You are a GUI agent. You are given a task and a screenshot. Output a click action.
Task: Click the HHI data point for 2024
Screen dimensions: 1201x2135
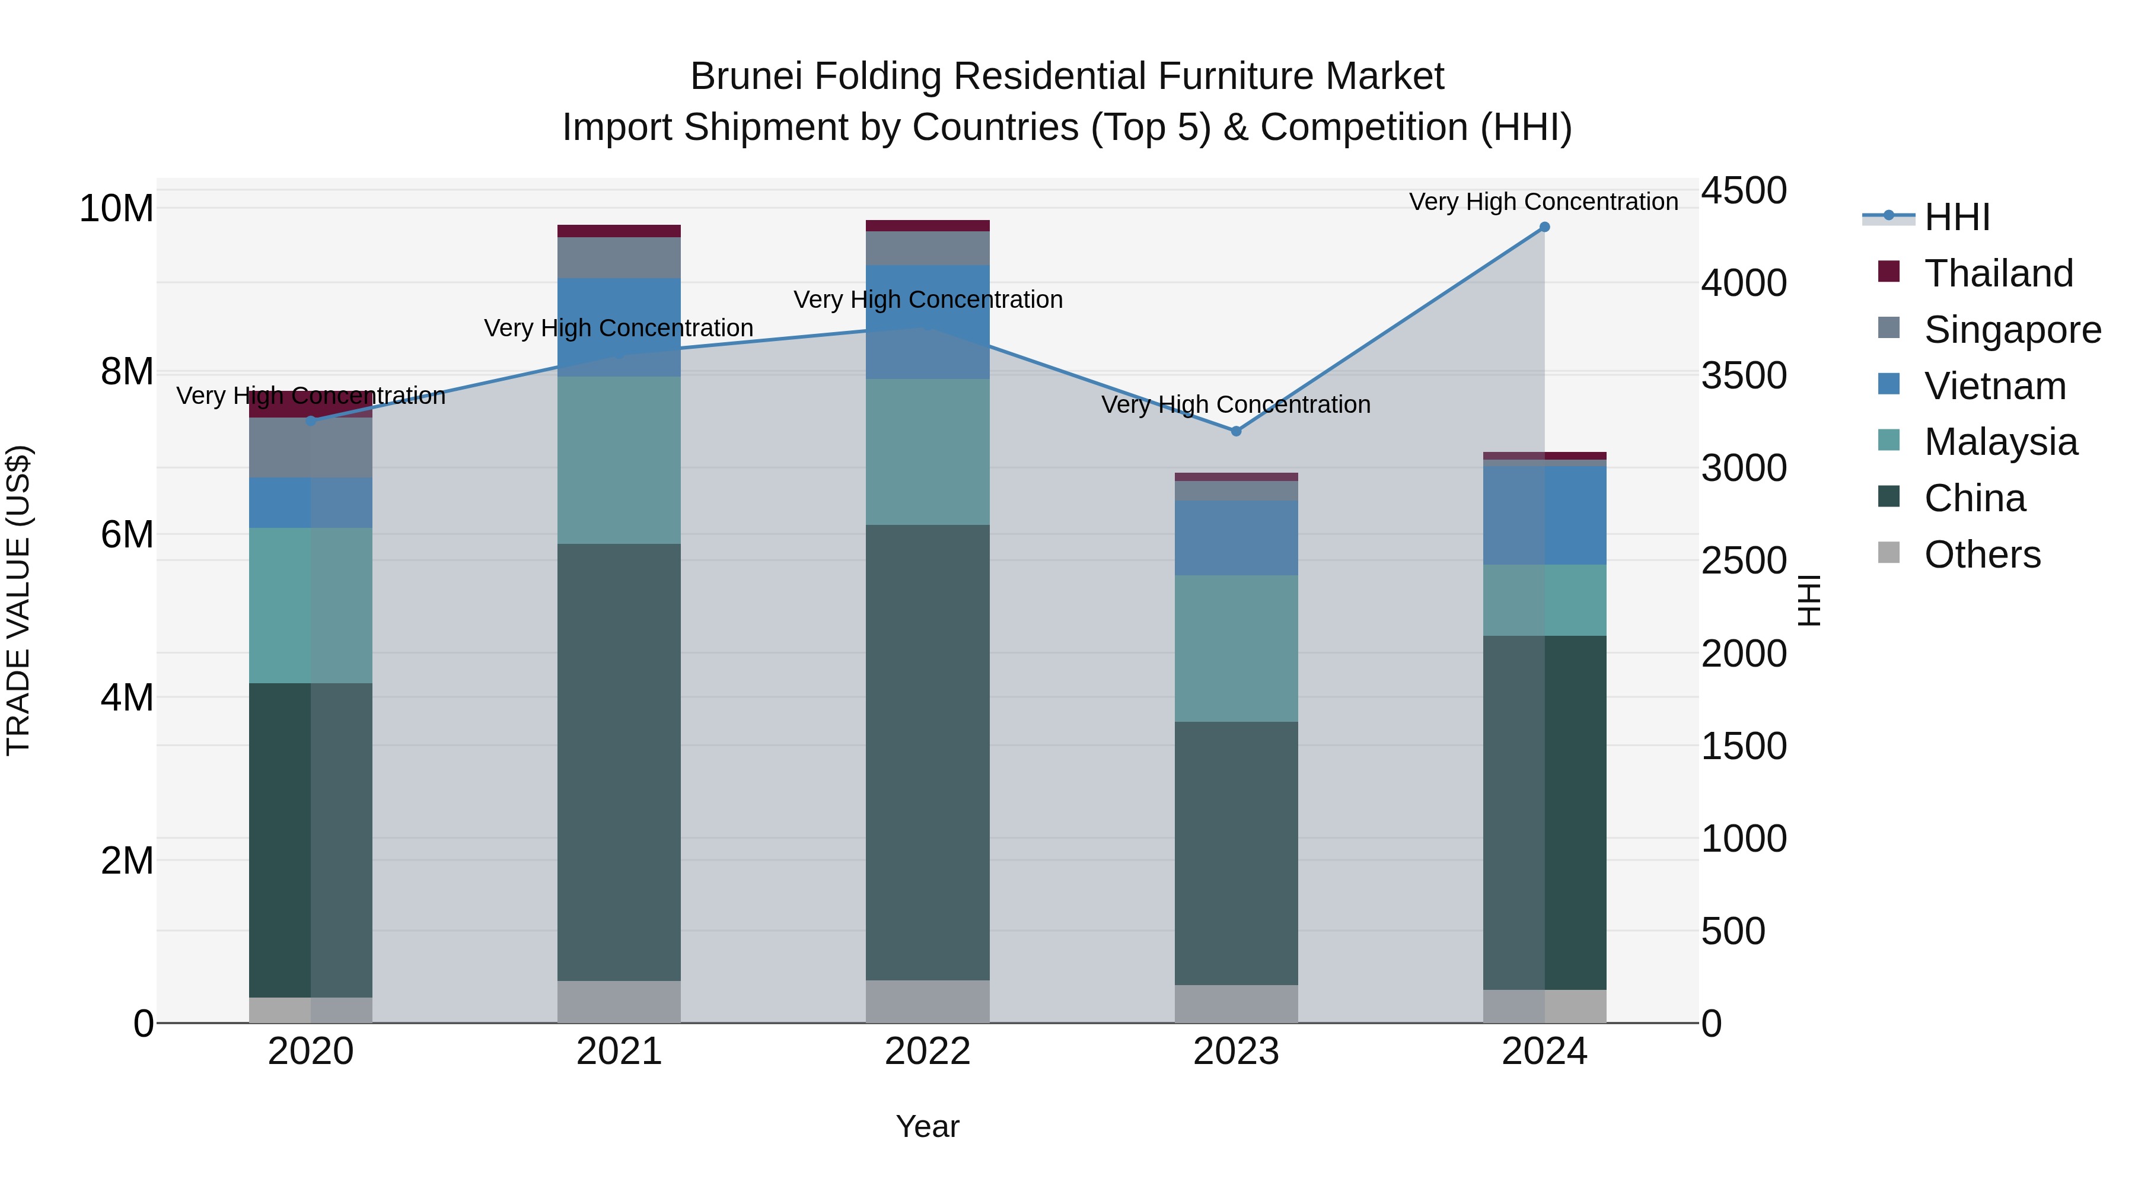click(1544, 227)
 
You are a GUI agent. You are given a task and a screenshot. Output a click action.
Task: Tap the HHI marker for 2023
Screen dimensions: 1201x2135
click(1236, 431)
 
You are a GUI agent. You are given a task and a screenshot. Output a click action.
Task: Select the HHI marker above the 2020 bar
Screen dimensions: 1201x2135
click(311, 421)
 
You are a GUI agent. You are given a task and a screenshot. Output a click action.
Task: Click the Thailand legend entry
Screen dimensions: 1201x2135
click(1998, 273)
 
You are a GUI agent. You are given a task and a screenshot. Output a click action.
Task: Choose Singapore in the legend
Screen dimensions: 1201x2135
click(2012, 330)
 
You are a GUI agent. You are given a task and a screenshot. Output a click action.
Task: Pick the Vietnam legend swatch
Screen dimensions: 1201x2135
click(1889, 384)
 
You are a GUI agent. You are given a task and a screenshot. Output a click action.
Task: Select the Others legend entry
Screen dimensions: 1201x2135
click(1981, 555)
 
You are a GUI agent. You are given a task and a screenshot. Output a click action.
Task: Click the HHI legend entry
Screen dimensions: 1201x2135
click(1956, 217)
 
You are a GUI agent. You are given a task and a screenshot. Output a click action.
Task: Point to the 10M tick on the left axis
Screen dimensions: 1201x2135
click(116, 208)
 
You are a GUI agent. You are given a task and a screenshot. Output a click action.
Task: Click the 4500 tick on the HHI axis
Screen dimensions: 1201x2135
click(1744, 190)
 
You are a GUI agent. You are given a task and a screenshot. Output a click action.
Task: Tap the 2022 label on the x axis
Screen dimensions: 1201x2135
click(928, 1052)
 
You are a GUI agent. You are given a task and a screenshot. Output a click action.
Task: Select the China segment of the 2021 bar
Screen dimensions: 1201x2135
click(619, 763)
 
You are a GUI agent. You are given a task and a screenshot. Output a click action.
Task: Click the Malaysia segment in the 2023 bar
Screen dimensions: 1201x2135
click(1236, 648)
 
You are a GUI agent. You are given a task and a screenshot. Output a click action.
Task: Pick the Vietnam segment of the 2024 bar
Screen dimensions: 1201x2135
click(1544, 515)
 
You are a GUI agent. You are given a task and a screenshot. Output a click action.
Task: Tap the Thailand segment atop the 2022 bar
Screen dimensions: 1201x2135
click(928, 225)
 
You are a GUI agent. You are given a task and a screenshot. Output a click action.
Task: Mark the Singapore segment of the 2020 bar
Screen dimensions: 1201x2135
click(311, 448)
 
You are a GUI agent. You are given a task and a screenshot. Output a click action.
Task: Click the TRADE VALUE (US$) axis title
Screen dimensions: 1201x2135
click(18, 600)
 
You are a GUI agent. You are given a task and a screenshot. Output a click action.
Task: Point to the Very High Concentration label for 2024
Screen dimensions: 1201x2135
click(1543, 202)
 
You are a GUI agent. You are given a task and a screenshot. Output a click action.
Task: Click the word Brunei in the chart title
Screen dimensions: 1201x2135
click(744, 77)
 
